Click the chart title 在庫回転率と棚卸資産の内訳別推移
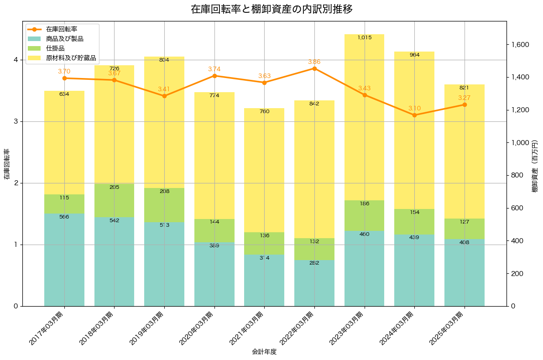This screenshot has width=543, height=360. pyautogui.click(x=271, y=9)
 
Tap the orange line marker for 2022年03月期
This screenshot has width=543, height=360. pyautogui.click(x=314, y=68)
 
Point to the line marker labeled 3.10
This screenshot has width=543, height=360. pyautogui.click(x=414, y=115)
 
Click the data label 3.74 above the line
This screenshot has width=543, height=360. pyautogui.click(x=214, y=69)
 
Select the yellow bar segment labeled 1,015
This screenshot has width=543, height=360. pyautogui.click(x=364, y=117)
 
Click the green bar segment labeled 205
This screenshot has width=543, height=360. pyautogui.click(x=115, y=200)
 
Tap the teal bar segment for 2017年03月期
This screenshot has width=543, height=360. pyautogui.click(x=64, y=260)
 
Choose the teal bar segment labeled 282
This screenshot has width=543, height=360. pyautogui.click(x=314, y=283)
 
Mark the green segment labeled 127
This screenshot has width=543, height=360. pyautogui.click(x=465, y=229)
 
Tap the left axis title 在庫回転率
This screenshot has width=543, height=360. pyautogui.click(x=6, y=164)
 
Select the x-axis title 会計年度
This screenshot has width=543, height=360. pyautogui.click(x=264, y=352)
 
